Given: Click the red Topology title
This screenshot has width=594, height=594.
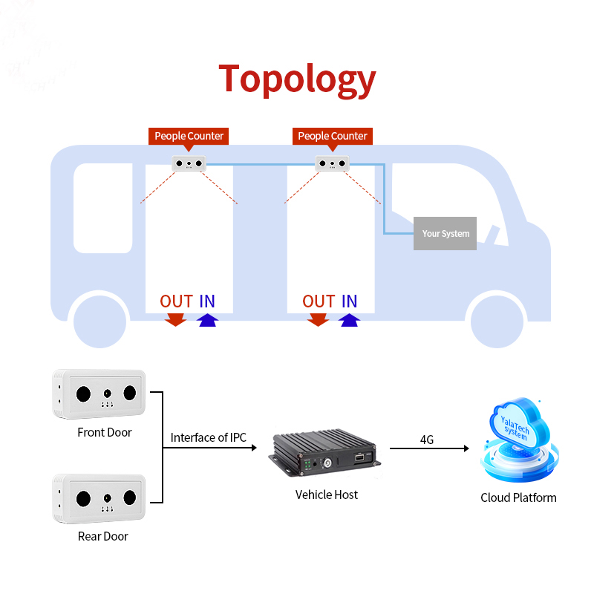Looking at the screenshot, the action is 298,79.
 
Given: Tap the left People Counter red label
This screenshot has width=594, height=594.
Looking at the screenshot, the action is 189,136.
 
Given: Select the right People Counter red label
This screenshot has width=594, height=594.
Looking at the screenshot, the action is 333,136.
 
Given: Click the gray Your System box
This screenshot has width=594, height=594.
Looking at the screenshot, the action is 445,233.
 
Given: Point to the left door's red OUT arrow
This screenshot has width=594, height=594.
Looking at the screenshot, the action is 175,319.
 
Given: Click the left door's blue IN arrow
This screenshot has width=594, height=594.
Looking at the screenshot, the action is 208,320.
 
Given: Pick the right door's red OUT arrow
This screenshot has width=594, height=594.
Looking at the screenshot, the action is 319,319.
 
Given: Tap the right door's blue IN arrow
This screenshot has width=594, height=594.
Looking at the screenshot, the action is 349,320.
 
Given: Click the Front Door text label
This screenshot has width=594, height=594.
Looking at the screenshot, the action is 105,432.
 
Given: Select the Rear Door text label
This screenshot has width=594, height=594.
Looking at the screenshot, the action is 103,536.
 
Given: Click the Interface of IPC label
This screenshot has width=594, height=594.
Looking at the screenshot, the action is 209,437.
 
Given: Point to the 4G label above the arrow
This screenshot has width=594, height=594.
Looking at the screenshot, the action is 427,440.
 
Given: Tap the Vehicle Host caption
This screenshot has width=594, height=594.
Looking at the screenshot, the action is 327,495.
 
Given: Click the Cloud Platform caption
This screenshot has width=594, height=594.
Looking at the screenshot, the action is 518,497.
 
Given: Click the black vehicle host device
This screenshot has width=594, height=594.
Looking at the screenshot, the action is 324,452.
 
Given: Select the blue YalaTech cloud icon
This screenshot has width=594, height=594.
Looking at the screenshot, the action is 520,440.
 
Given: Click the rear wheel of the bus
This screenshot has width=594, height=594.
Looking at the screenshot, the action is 99,322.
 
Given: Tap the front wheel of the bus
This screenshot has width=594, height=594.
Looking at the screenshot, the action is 497,322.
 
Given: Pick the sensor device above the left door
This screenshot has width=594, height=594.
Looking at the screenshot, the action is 189,163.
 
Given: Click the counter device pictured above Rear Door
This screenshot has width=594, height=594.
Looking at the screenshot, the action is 99,498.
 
